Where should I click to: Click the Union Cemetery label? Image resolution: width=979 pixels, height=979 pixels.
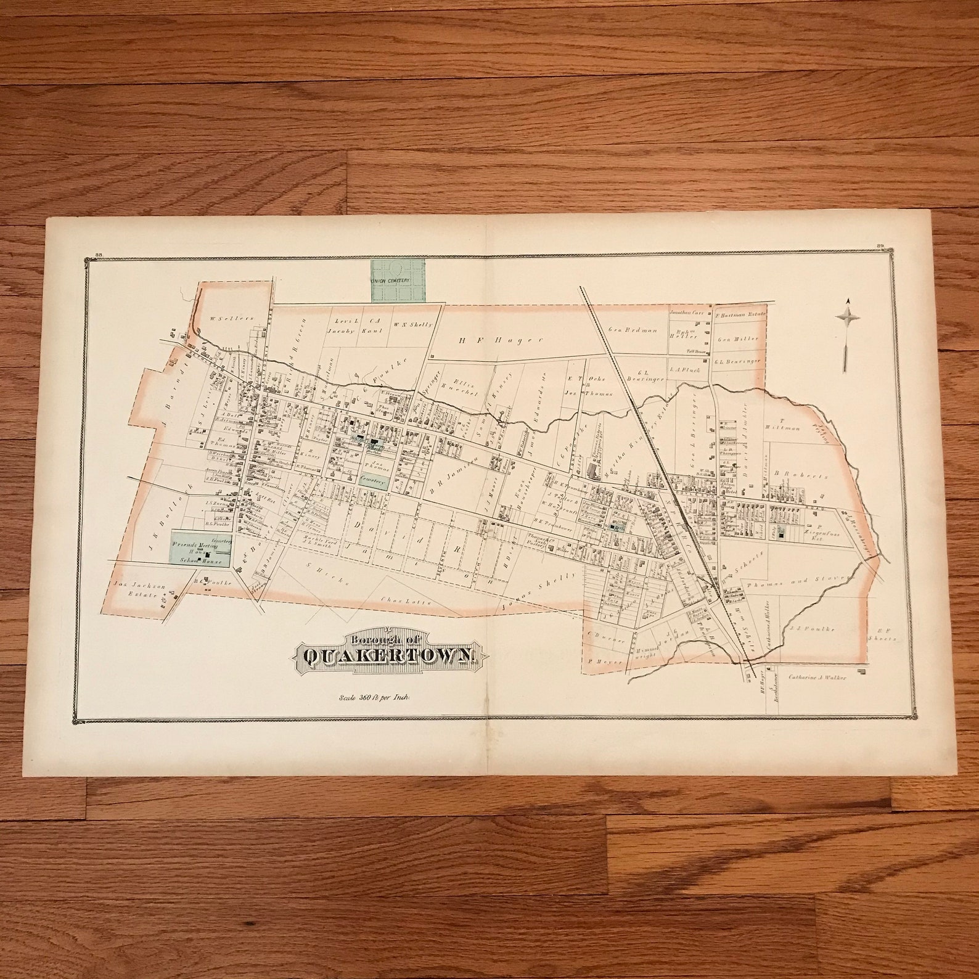[390, 280]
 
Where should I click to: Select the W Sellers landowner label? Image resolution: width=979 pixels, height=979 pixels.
[223, 318]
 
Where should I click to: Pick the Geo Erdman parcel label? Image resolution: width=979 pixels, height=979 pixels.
[625, 330]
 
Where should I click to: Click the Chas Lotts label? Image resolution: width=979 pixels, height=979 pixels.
[398, 601]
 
